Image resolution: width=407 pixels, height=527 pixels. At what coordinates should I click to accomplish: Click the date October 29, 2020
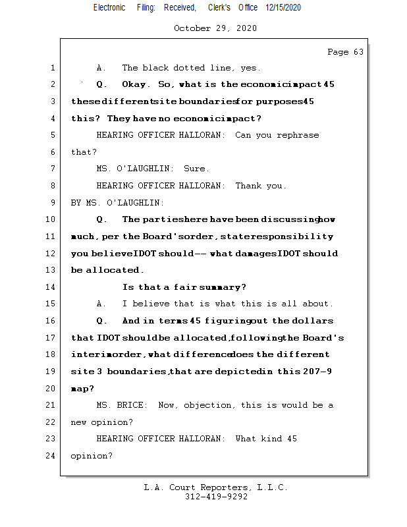(215, 28)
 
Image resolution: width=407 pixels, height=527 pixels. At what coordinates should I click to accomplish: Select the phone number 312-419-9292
(216, 497)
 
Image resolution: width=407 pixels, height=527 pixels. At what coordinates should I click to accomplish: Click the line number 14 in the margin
(52, 287)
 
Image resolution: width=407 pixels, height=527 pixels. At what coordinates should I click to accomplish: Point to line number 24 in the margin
(52, 455)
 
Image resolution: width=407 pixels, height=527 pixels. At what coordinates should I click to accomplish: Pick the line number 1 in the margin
(52, 68)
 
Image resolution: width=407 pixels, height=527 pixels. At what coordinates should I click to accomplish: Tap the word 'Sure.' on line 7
(197, 169)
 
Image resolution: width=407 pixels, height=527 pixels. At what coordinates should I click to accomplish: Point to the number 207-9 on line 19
(315, 372)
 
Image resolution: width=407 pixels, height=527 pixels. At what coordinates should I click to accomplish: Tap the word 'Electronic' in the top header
(109, 7)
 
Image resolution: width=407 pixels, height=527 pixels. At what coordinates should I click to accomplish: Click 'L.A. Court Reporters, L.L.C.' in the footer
(216, 487)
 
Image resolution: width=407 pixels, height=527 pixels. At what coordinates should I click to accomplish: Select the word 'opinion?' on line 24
(92, 455)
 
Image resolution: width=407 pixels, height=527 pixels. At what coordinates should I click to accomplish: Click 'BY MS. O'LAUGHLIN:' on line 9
(118, 203)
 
